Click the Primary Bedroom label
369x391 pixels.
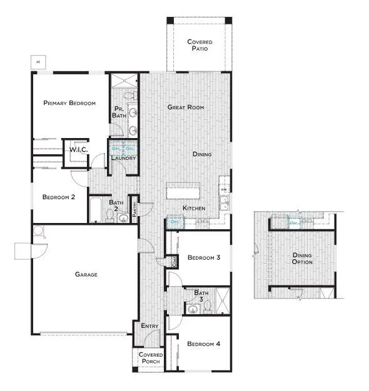click(69, 103)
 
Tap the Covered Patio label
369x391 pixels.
click(200, 46)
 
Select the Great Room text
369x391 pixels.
click(186, 107)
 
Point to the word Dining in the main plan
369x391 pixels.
click(202, 154)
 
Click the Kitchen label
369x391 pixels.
click(194, 208)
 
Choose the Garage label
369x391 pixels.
click(86, 274)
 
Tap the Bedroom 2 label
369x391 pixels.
click(59, 197)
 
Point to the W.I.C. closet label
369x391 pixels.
click(78, 150)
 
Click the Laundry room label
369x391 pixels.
click(123, 158)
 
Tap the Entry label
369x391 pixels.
click(149, 326)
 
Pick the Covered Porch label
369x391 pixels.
click(150, 359)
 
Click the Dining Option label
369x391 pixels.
click(302, 259)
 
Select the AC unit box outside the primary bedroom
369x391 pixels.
click(38, 62)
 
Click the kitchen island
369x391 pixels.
click(183, 191)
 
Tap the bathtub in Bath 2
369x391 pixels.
click(98, 210)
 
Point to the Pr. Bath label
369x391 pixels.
click(119, 112)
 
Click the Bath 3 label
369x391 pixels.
click(201, 295)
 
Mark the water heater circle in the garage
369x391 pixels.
click(39, 232)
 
